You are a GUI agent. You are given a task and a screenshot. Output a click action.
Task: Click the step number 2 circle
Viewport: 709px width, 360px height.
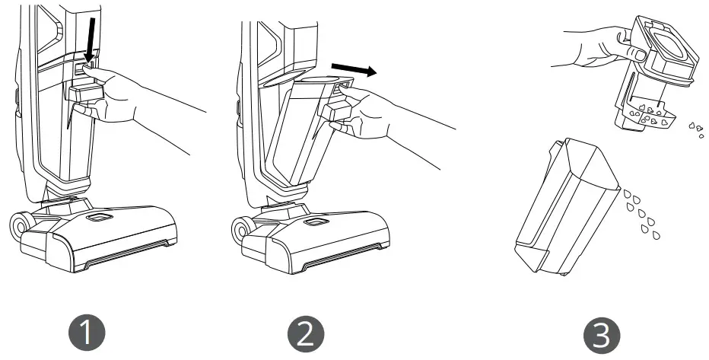[x=306, y=333]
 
